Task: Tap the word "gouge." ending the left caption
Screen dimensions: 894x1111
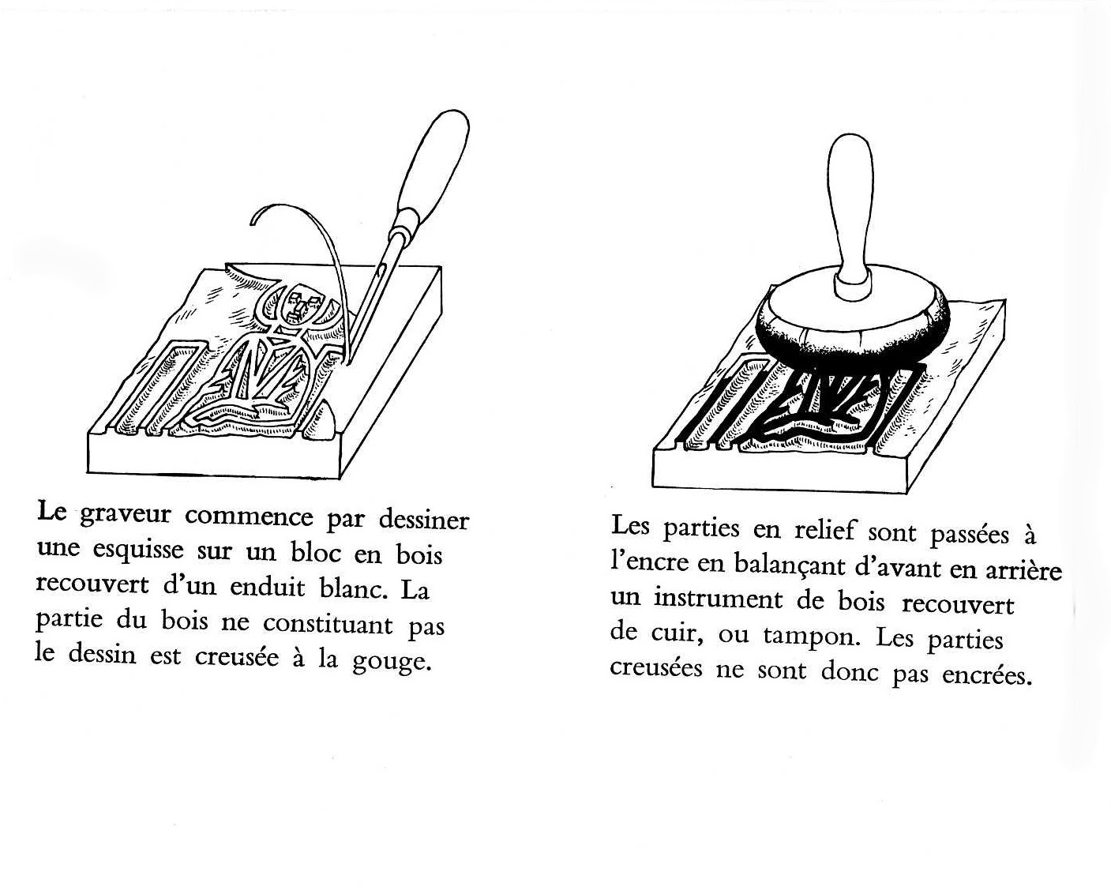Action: click(392, 660)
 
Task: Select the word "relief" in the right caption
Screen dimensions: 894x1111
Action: click(824, 530)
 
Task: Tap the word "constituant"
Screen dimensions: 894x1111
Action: click(328, 624)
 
